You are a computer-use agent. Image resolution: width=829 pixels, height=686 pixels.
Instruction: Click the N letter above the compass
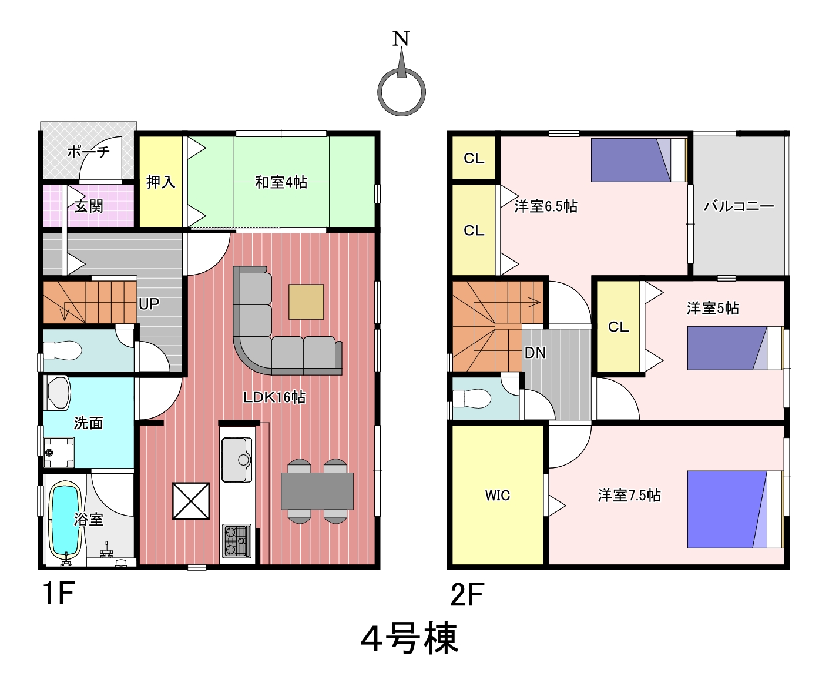[401, 39]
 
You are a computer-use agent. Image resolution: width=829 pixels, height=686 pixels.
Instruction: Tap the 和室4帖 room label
[281, 182]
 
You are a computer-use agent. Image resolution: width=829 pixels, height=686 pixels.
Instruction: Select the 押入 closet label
[160, 182]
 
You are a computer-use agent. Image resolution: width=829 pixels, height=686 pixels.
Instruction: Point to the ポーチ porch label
[88, 152]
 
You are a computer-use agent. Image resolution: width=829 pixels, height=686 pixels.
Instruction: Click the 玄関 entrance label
[89, 206]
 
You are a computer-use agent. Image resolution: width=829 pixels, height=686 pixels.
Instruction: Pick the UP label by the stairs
[149, 304]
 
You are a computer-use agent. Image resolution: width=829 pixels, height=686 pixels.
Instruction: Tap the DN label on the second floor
[535, 353]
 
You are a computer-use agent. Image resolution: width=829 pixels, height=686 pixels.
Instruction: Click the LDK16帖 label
[274, 397]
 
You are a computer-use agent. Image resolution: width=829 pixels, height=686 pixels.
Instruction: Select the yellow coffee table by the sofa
[306, 302]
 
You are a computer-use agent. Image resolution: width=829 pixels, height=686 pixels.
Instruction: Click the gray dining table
[317, 491]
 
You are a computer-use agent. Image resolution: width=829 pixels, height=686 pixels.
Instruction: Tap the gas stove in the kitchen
[237, 541]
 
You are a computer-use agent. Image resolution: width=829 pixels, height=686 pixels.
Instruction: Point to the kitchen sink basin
[237, 460]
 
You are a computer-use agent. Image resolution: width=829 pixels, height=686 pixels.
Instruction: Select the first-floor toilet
[62, 351]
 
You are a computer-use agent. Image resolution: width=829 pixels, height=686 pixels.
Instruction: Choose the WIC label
[498, 496]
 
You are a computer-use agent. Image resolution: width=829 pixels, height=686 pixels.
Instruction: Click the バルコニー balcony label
[739, 206]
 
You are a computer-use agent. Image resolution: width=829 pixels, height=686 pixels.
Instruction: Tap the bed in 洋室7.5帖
[735, 510]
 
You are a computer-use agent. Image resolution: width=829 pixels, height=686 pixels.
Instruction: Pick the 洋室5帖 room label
[713, 308]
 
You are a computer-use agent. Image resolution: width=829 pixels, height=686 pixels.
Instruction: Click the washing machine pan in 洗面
[59, 453]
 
